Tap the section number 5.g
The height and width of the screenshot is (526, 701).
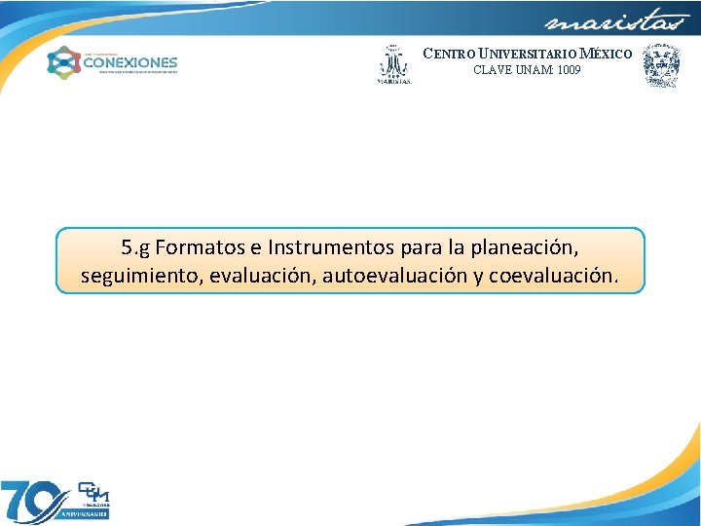135,246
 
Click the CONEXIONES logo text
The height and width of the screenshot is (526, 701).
130,61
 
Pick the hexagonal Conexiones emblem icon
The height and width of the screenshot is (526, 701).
63,63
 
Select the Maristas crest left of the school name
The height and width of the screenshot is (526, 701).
393,63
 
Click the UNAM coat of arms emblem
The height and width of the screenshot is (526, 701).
661,64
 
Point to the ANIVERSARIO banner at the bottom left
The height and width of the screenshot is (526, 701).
85,512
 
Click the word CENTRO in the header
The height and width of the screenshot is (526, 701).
445,54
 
